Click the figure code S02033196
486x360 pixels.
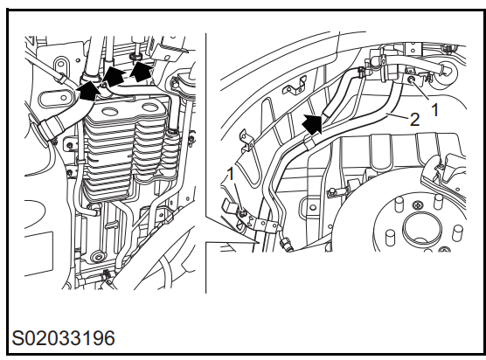click(x=63, y=338)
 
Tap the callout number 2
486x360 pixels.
click(x=414, y=120)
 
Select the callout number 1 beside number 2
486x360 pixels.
click(x=435, y=110)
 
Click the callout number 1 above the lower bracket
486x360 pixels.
click(x=231, y=175)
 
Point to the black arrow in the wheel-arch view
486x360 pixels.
click(x=312, y=123)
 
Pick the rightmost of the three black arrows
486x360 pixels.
click(x=142, y=72)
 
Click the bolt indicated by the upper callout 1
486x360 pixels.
click(x=412, y=80)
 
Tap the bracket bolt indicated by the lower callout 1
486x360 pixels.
click(x=242, y=212)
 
